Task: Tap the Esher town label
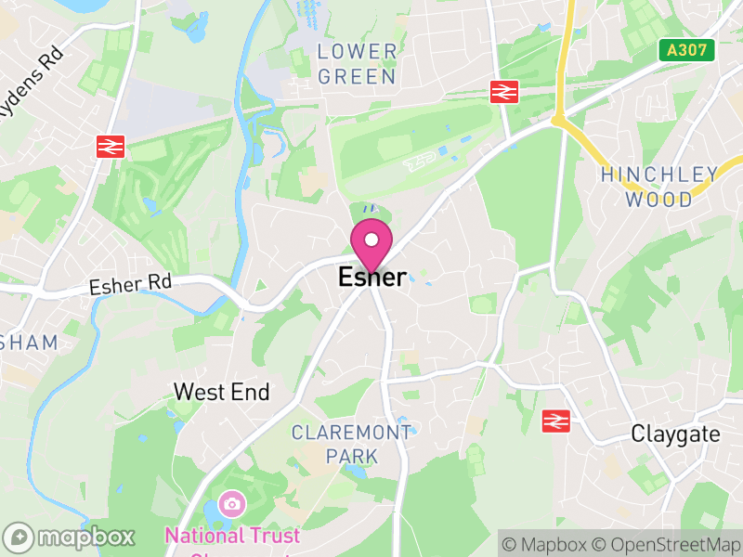(x=371, y=278)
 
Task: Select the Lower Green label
(x=358, y=63)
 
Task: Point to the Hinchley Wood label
(x=659, y=187)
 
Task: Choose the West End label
(x=222, y=393)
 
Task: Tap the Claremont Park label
(x=351, y=444)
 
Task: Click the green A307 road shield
(x=688, y=51)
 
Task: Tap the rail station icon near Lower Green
(x=503, y=91)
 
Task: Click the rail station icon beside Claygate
(x=555, y=421)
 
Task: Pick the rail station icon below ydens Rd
(x=110, y=146)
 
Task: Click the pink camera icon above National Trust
(x=232, y=504)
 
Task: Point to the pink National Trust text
(x=232, y=537)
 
